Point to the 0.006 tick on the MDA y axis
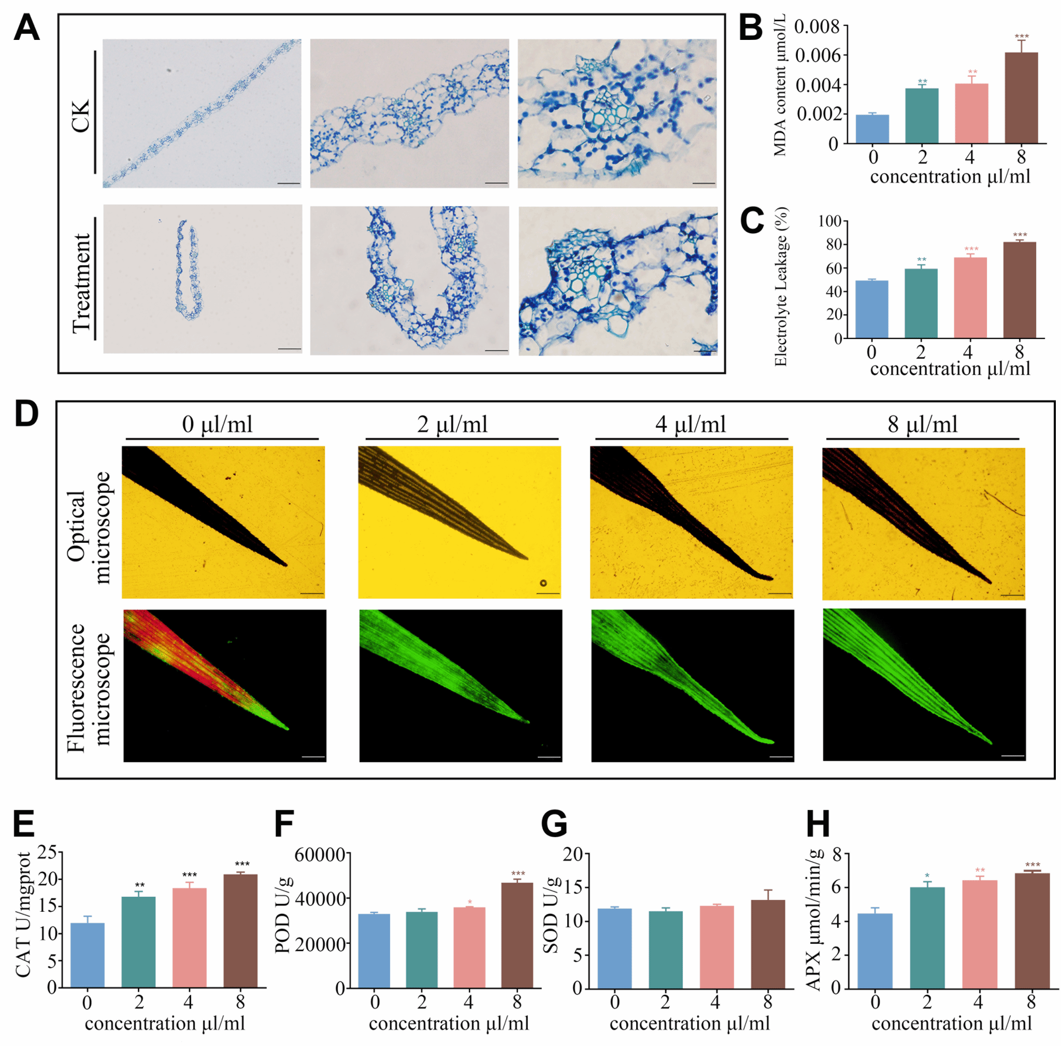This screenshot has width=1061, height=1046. (817, 55)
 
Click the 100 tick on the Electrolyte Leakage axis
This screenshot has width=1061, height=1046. (830, 221)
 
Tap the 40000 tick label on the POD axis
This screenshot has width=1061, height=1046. (321, 899)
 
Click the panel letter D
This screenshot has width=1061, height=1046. (26, 415)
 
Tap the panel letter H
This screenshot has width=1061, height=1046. (818, 824)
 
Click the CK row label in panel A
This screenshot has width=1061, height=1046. (80, 116)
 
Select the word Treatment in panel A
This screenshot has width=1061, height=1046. (81, 283)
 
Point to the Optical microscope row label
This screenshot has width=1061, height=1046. (88, 527)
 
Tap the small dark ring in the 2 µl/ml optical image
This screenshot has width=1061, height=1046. (543, 584)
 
